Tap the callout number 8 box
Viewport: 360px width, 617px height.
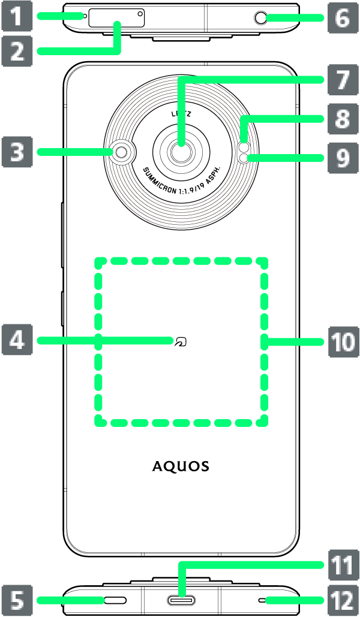(342, 121)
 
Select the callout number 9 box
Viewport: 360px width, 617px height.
(342, 158)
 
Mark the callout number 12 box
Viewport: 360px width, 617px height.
(342, 599)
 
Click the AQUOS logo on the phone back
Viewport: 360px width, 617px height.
(180, 466)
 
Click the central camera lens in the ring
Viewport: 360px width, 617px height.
(179, 153)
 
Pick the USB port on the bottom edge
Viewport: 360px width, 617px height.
(179, 600)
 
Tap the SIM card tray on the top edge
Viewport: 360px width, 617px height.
(116, 18)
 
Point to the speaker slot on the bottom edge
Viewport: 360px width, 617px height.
(112, 600)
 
